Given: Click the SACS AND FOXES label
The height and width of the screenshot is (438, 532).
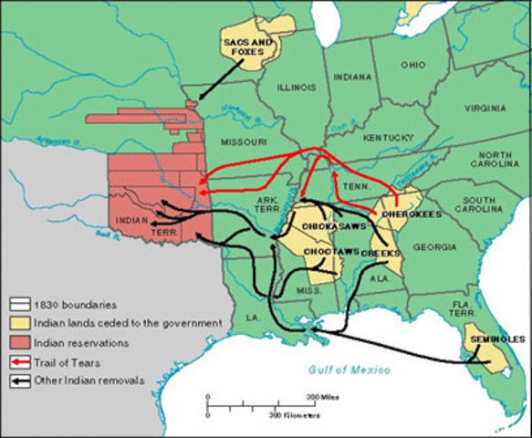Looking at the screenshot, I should pyautogui.click(x=247, y=47).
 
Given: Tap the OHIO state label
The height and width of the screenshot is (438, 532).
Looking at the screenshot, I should pyautogui.click(x=412, y=65).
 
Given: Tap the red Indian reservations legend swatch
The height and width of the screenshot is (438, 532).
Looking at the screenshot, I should pyautogui.click(x=19, y=343).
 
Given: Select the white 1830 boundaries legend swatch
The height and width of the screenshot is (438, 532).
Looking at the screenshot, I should pyautogui.click(x=19, y=305).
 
